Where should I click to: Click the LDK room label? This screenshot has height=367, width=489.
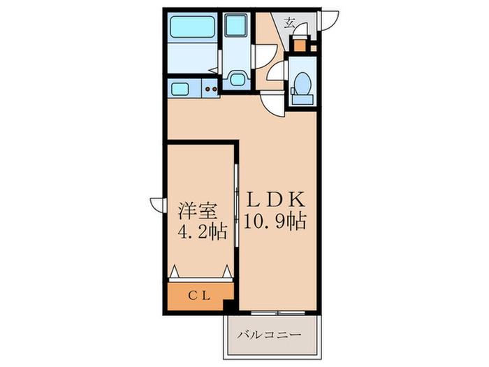coord(276,200)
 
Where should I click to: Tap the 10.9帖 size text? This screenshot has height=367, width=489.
coord(275,222)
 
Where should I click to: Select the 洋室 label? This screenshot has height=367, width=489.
coord(198,211)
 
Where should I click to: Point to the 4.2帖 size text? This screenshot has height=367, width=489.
coord(202,231)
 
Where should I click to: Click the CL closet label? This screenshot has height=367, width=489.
coord(199,296)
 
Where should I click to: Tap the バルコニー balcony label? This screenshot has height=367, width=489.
coord(269,335)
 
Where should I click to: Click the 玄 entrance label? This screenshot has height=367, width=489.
coord(289,23)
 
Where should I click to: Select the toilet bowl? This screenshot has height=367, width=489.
coord(302,82)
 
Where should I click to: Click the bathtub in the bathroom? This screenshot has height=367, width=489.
coord(193,27)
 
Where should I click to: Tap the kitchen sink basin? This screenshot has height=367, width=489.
coord(180,89)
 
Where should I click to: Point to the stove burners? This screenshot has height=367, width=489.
coord(211,89)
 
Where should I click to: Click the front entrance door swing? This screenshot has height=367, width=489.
coord(328,20)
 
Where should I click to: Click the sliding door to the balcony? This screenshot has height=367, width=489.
coord(278,312)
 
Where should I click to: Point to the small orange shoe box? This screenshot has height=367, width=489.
coord(300,46)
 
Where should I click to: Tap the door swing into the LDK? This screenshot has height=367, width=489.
coord(273,104)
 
